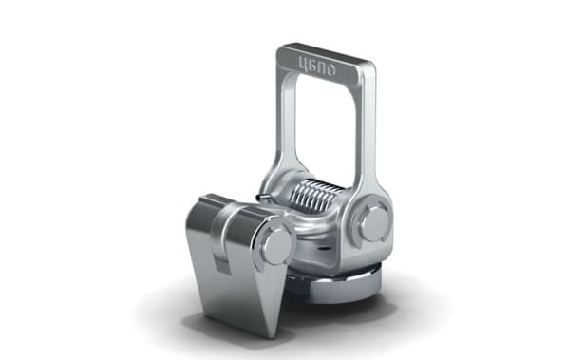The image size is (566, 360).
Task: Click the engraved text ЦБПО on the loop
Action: point(317,66)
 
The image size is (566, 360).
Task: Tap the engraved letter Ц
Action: point(303,63)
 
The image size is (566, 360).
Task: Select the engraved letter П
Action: point(322,67)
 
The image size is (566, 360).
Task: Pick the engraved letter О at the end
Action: point(331,70)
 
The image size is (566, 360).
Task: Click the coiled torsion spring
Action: point(314,198)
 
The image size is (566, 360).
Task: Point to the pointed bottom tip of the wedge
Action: point(274,337)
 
